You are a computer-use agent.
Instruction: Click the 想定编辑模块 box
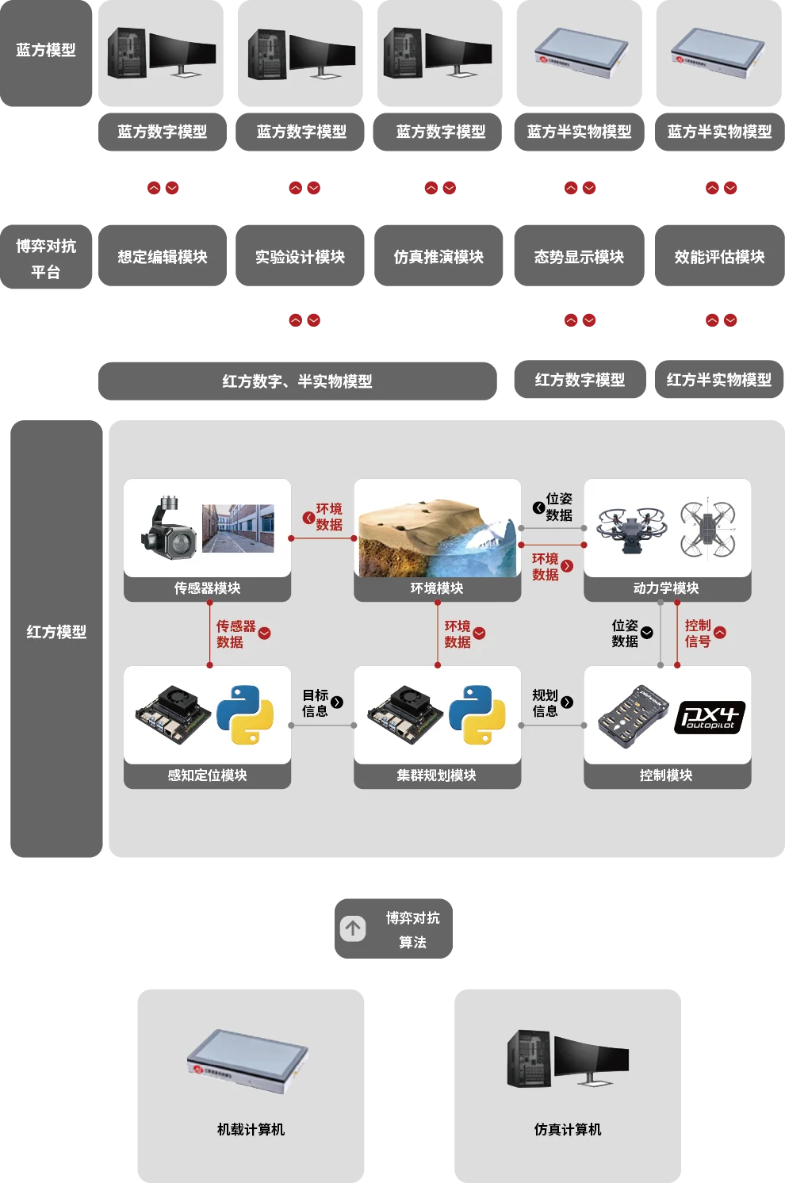(x=162, y=257)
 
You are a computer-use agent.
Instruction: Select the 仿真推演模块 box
(x=438, y=257)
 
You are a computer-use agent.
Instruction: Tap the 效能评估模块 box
(x=719, y=257)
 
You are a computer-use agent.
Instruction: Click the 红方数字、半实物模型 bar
(x=297, y=381)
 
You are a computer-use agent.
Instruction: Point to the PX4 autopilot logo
(x=710, y=717)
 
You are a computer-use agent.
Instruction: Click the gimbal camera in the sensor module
(x=168, y=528)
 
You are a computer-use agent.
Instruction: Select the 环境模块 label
(x=437, y=588)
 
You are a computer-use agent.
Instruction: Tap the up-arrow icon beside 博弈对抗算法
(x=353, y=928)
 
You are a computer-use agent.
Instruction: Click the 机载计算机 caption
(x=251, y=1129)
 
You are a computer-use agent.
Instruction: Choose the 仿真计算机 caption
(x=568, y=1129)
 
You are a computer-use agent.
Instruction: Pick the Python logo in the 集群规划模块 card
(x=477, y=714)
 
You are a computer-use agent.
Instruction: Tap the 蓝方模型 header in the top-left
(x=46, y=50)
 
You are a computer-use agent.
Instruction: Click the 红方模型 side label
(x=56, y=632)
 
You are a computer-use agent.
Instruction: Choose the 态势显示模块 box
(x=579, y=257)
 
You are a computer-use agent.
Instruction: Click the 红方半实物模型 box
(x=718, y=380)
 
